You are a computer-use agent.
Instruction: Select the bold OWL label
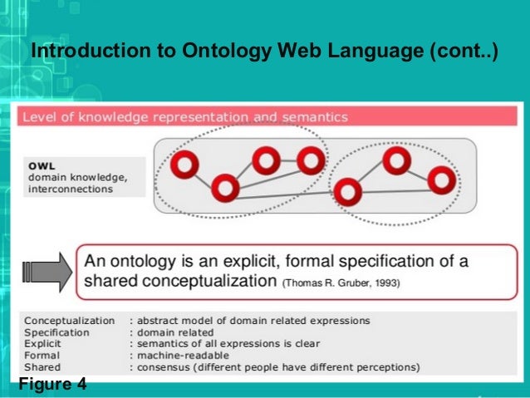(42, 165)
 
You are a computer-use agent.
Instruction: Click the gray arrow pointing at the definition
(46, 272)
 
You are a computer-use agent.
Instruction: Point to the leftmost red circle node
(184, 166)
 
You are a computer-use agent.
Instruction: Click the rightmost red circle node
(442, 178)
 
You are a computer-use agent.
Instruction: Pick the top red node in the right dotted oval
(396, 160)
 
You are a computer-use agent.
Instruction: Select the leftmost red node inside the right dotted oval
(347, 193)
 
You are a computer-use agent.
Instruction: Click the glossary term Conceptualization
(70, 320)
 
